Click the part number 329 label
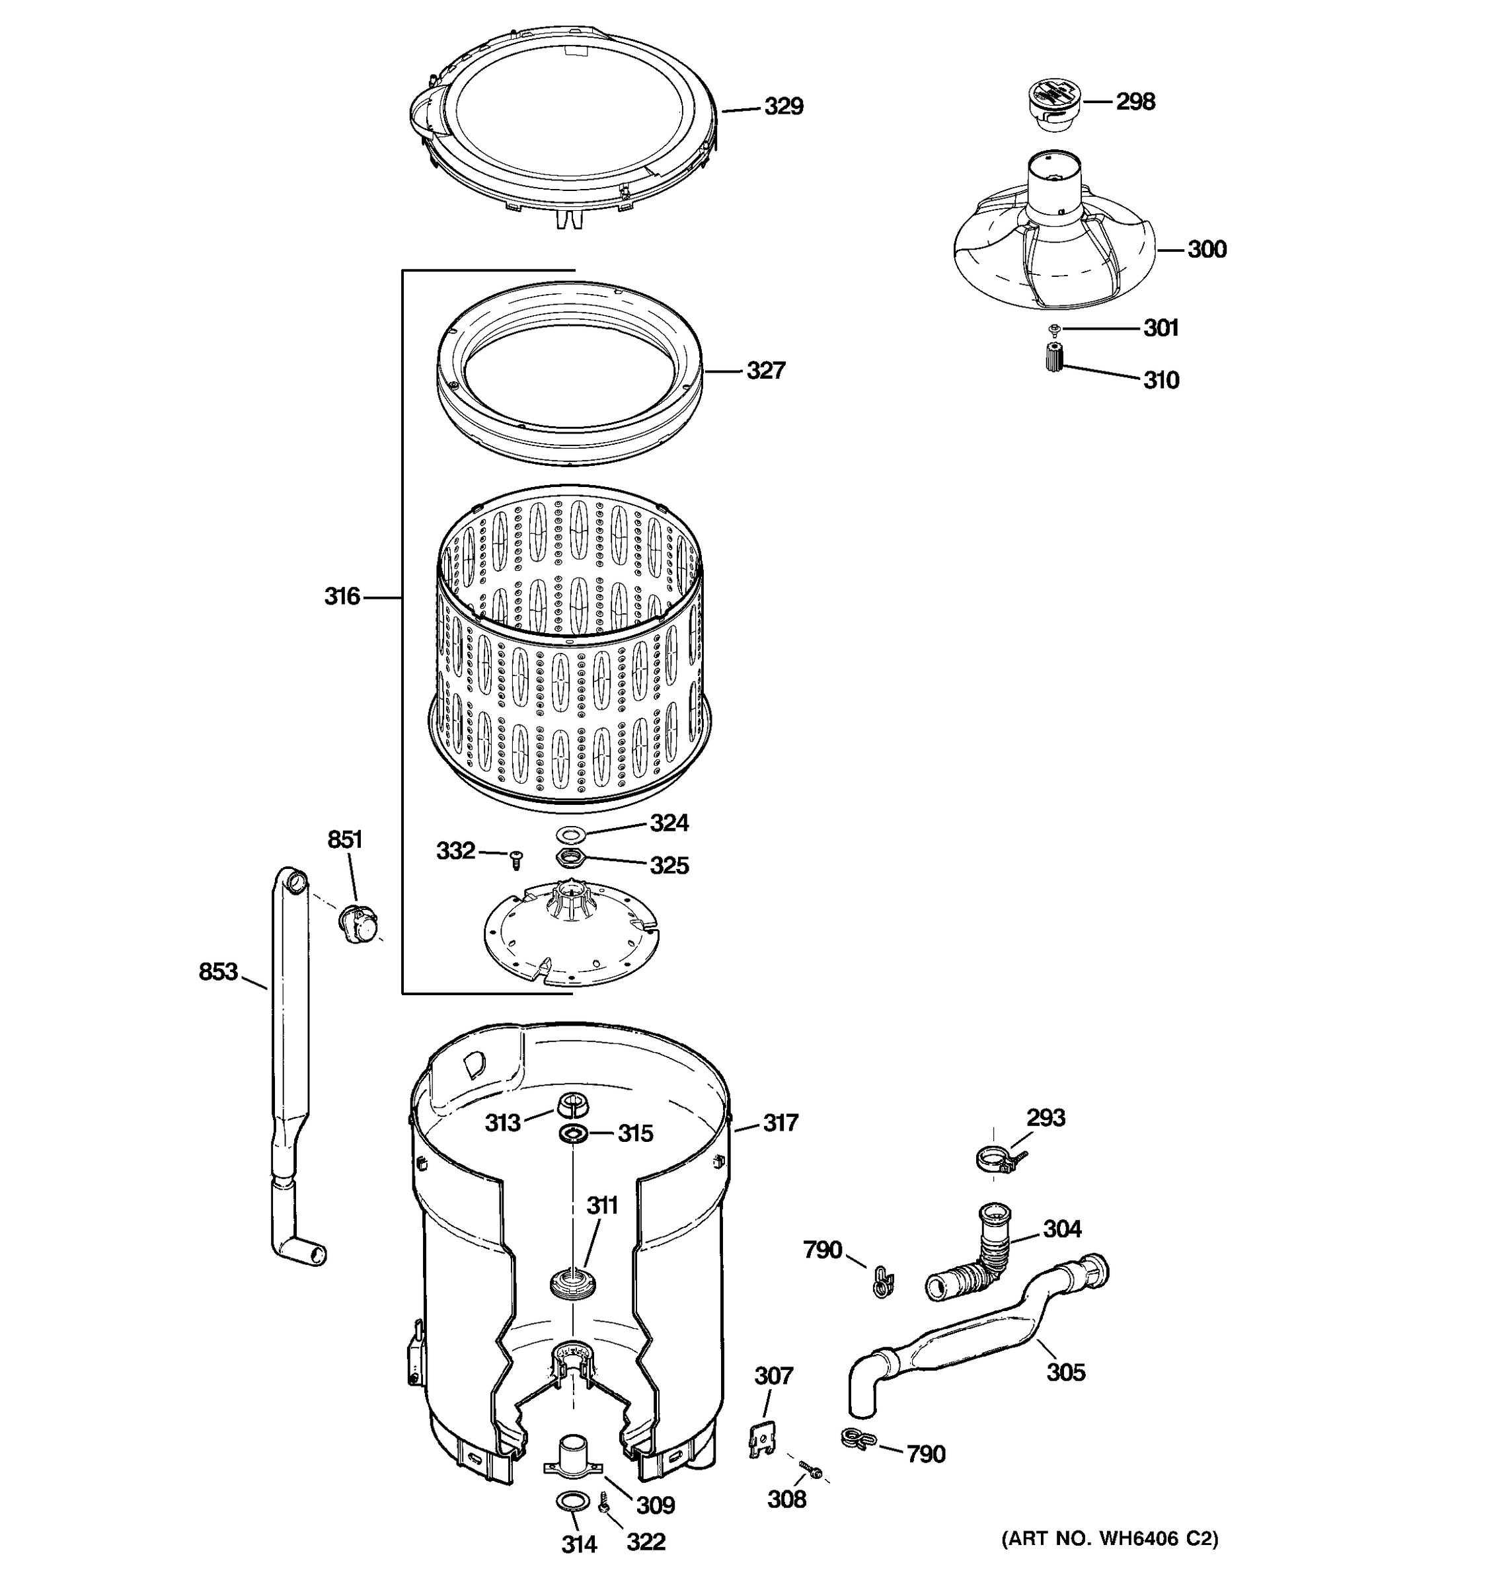(783, 107)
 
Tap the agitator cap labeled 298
(1051, 104)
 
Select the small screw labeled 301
(1055, 328)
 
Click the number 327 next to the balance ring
(765, 371)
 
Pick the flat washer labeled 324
(570, 834)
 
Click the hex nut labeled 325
(570, 858)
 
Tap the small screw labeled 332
(516, 859)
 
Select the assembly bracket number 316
(342, 597)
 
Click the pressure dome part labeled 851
(357, 924)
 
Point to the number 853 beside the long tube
(218, 971)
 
